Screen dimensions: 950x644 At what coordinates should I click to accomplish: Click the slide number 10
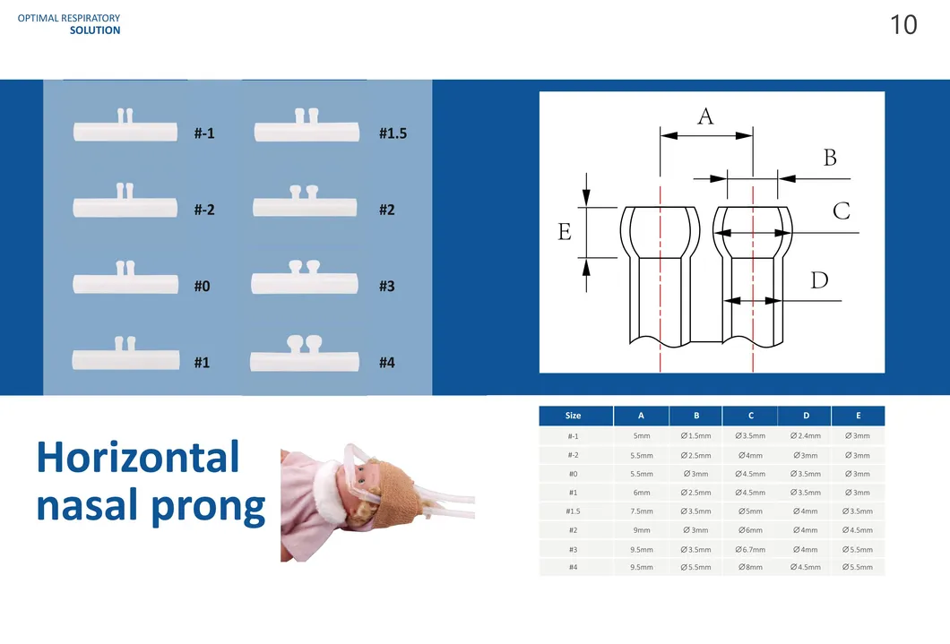pyautogui.click(x=903, y=25)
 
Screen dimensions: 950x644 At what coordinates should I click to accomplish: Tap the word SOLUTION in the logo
pyautogui.click(x=94, y=30)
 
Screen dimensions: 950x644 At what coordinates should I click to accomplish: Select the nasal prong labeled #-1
pyautogui.click(x=125, y=125)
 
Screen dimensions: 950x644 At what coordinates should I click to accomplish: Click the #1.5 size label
pyautogui.click(x=393, y=133)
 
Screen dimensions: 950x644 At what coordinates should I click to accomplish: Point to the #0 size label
pyautogui.click(x=202, y=286)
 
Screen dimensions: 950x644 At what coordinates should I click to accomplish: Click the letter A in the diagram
pyautogui.click(x=705, y=116)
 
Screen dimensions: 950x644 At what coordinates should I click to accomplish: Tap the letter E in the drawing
pyautogui.click(x=564, y=231)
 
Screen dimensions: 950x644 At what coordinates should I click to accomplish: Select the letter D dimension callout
pyautogui.click(x=819, y=280)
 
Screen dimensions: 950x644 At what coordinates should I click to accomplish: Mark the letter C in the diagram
pyautogui.click(x=841, y=210)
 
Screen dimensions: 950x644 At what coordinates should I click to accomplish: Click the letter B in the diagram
pyautogui.click(x=830, y=158)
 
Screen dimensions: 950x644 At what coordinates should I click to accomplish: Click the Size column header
pyautogui.click(x=574, y=416)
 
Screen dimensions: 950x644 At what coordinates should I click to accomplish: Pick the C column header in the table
pyautogui.click(x=751, y=416)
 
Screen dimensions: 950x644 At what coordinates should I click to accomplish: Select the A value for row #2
pyautogui.click(x=642, y=530)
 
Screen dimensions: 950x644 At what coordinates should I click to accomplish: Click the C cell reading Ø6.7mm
pyautogui.click(x=750, y=550)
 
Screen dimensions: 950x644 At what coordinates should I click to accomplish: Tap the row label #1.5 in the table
pyautogui.click(x=574, y=511)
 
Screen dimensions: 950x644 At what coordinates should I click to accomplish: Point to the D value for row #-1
pyautogui.click(x=805, y=436)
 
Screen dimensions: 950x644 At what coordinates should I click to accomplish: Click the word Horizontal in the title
pyautogui.click(x=137, y=457)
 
